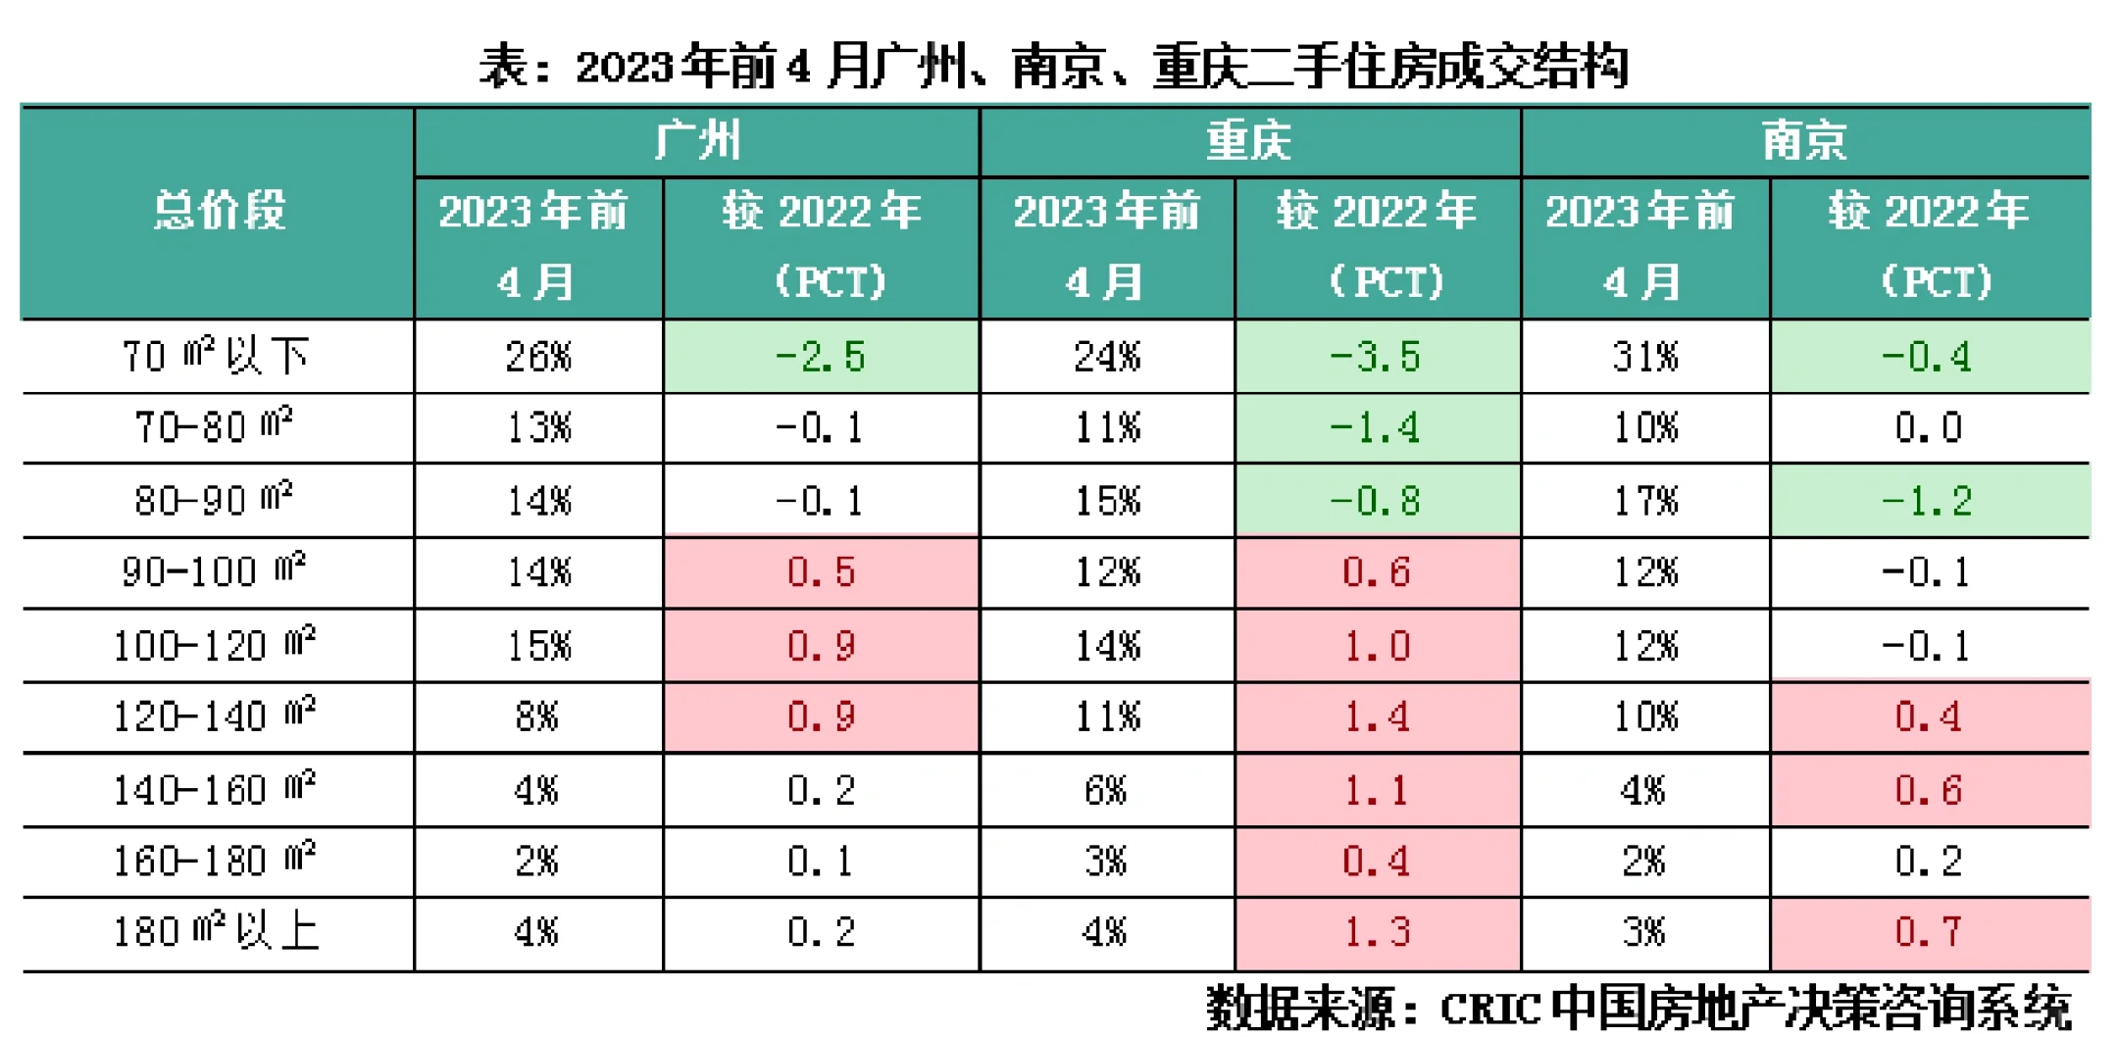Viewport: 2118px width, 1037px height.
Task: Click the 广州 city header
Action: point(697,141)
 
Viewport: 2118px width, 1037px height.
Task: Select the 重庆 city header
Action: point(1249,141)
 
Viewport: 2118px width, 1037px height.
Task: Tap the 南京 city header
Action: point(1804,141)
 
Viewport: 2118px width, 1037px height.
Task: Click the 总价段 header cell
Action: point(219,211)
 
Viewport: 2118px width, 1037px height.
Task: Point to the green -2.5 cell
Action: point(821,357)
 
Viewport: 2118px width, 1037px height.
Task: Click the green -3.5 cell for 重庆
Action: point(1377,357)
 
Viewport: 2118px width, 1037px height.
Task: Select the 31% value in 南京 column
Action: point(1645,357)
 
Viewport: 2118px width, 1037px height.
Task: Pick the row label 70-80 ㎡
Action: point(214,427)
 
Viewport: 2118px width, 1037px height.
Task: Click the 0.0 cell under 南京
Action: point(1928,427)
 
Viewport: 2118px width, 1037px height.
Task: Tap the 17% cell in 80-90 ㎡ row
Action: point(1645,501)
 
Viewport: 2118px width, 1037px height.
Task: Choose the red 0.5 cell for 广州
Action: point(821,572)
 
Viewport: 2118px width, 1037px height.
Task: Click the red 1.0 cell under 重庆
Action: point(1377,646)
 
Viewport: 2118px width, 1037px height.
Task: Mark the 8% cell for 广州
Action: point(537,717)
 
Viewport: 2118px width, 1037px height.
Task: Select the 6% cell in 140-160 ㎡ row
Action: point(1106,790)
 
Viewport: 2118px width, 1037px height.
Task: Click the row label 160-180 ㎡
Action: point(214,862)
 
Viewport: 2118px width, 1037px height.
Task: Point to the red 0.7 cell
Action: point(1928,932)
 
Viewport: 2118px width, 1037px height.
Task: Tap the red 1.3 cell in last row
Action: point(1377,932)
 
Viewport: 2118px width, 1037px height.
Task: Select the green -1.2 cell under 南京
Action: point(1928,501)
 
